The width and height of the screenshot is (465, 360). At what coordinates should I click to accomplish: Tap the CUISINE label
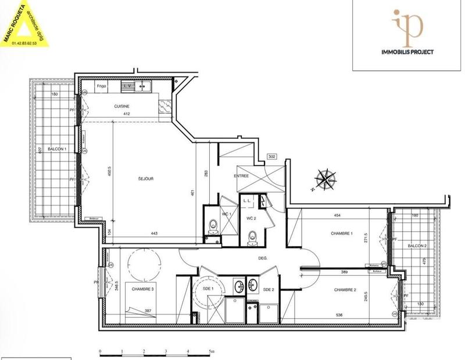coord(121,106)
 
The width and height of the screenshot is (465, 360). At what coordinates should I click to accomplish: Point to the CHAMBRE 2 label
coord(345,289)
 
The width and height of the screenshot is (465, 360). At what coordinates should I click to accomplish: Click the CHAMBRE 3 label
coord(143,289)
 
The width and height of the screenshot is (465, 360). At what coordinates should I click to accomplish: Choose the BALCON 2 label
coord(417,246)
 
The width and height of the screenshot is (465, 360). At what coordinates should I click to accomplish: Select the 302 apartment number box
coord(271,157)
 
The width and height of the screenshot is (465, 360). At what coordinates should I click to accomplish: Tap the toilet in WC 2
coord(251,235)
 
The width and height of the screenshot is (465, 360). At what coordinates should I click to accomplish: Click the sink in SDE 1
coord(238,285)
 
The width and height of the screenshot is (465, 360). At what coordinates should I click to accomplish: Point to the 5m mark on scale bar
coord(210,352)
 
